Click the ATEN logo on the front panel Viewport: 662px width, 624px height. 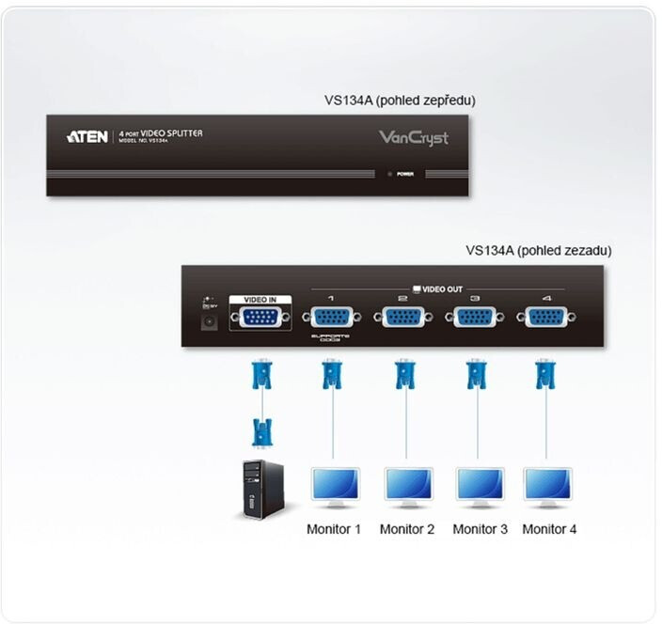(x=87, y=136)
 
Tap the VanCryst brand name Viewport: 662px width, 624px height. (x=414, y=138)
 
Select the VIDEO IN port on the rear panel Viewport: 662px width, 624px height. (x=260, y=317)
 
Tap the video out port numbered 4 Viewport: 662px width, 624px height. (x=546, y=317)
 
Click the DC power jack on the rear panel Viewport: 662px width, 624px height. (x=210, y=320)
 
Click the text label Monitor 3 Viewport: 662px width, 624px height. (x=480, y=529)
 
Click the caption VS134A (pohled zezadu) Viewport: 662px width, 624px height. (x=538, y=251)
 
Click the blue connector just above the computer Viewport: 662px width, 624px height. (x=262, y=432)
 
